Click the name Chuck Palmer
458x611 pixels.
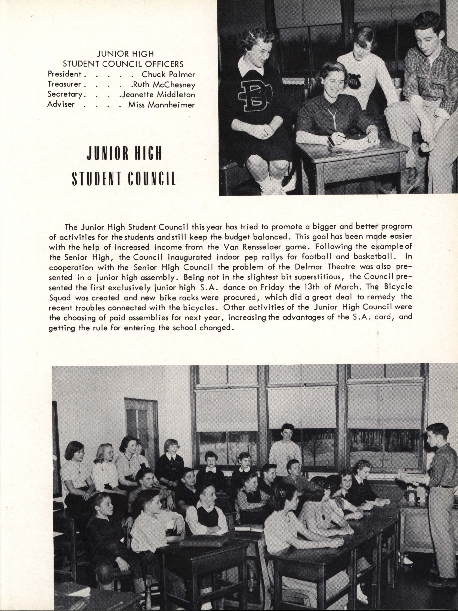click(x=168, y=74)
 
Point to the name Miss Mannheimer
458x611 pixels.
click(x=161, y=105)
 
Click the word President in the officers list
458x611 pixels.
click(x=64, y=74)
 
